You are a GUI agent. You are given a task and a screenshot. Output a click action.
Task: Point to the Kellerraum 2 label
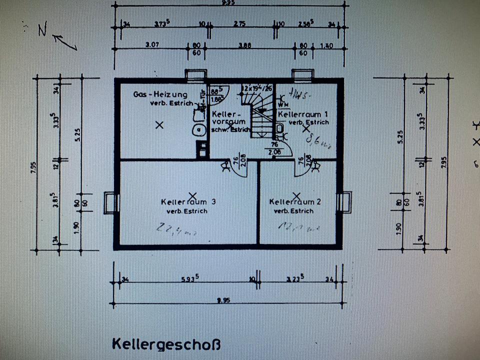coord(294,202)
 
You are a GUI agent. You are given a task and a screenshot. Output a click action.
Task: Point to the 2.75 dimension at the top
coord(239,23)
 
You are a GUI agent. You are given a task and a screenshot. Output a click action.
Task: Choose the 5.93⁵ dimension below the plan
coord(187,279)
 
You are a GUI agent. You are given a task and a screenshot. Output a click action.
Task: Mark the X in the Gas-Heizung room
coord(159,125)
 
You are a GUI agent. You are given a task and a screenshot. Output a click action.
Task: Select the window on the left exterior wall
coord(110,203)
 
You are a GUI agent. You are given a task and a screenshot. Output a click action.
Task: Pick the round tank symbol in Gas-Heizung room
coord(199,130)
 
